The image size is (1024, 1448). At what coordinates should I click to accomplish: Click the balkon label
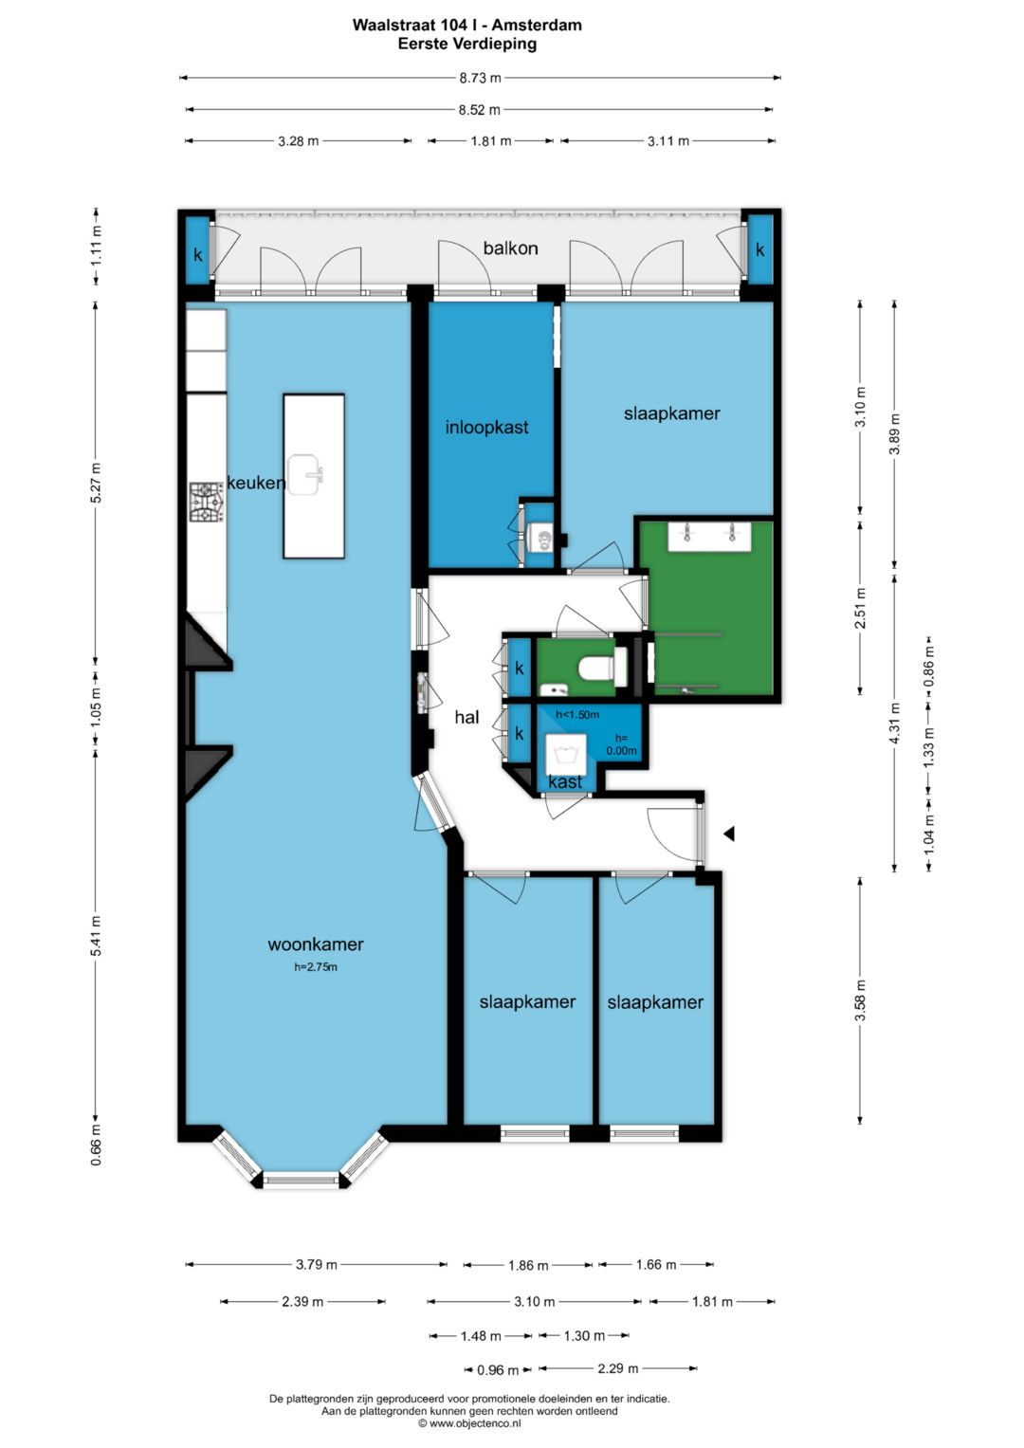510,248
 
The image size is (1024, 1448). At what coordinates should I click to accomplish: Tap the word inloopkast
486,428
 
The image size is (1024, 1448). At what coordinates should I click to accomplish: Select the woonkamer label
316,944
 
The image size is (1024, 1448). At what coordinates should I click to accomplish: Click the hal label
466,717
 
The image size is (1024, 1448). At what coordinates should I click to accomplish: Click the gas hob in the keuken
207,503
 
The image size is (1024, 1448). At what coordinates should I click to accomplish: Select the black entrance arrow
729,834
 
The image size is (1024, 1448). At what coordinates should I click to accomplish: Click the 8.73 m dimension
480,78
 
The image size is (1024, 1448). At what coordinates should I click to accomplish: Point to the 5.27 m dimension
96,483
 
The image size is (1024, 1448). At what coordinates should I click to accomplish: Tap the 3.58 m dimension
860,1001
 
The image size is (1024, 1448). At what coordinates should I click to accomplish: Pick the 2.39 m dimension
302,1302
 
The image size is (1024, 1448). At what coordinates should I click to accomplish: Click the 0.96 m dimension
498,1370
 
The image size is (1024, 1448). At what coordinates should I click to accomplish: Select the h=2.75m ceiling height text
316,967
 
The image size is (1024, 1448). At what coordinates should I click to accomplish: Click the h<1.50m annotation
577,714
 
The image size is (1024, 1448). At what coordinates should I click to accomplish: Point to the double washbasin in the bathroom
710,537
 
